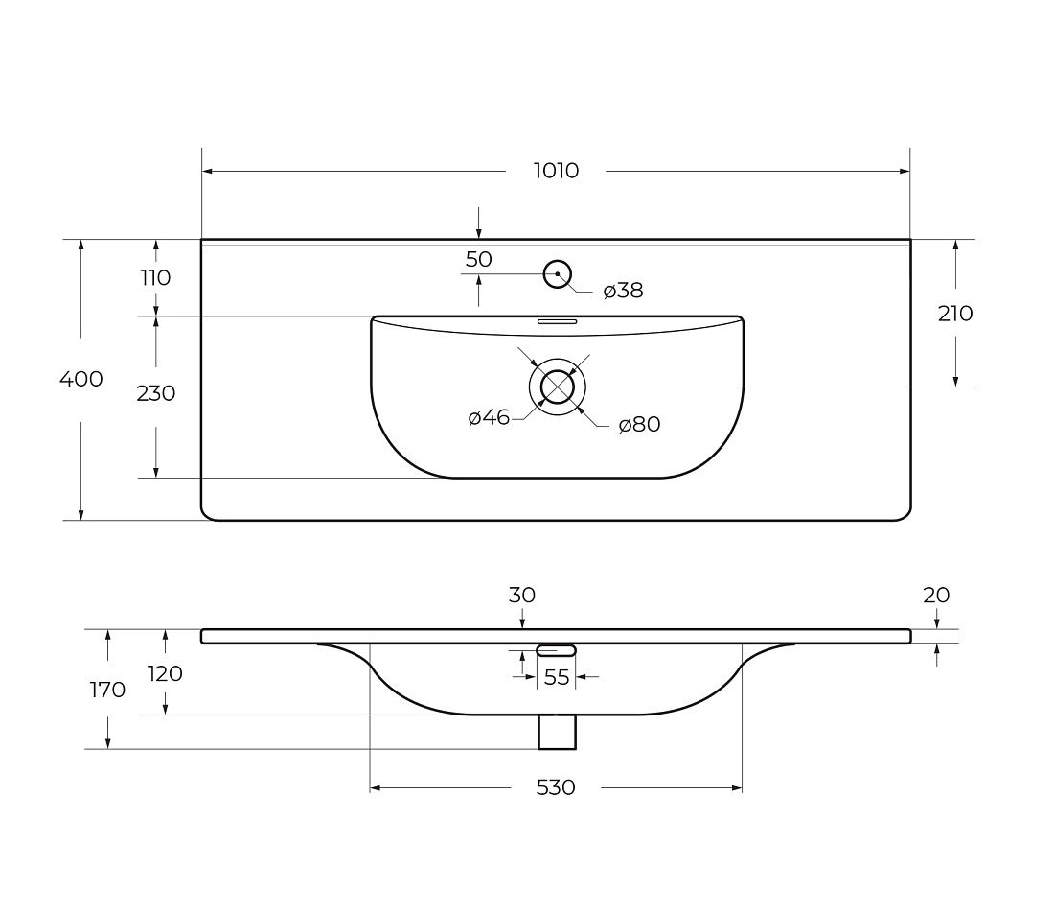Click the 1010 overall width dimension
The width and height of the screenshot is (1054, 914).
(556, 171)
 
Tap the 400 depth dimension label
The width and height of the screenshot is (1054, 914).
(81, 379)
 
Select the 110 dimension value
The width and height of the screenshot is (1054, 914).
(155, 277)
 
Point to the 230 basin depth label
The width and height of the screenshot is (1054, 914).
(156, 393)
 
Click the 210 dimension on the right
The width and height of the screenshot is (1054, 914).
(955, 313)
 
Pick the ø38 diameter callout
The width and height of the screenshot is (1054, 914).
(623, 291)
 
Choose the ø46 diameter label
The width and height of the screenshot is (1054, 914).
(489, 418)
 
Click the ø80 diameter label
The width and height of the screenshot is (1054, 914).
(639, 424)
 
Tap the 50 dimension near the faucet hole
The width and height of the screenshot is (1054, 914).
(478, 259)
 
